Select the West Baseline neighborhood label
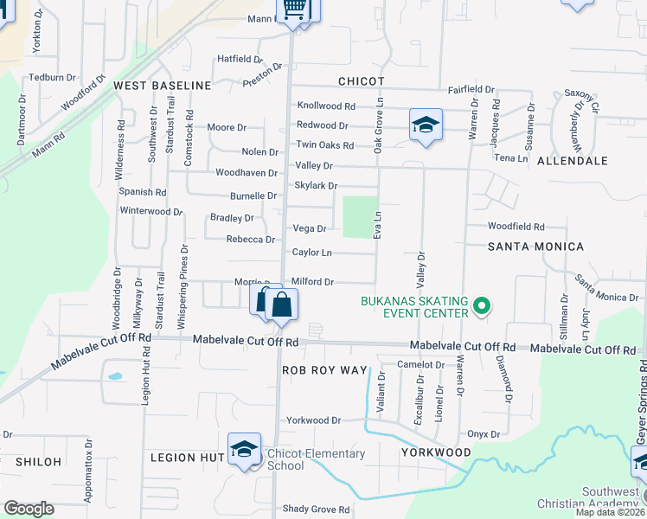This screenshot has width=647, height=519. (x=163, y=86)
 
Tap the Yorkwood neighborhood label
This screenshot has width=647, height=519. (x=436, y=452)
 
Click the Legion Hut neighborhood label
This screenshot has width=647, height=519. (x=188, y=457)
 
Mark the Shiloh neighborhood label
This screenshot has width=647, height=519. (x=31, y=462)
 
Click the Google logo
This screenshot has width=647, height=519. (x=29, y=509)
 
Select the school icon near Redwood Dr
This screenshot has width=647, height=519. (x=426, y=125)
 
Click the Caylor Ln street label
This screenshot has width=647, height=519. (x=311, y=253)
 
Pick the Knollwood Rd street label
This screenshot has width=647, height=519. (x=326, y=106)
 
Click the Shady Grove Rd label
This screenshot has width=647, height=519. (x=319, y=509)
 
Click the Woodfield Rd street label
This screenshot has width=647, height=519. (x=516, y=227)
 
